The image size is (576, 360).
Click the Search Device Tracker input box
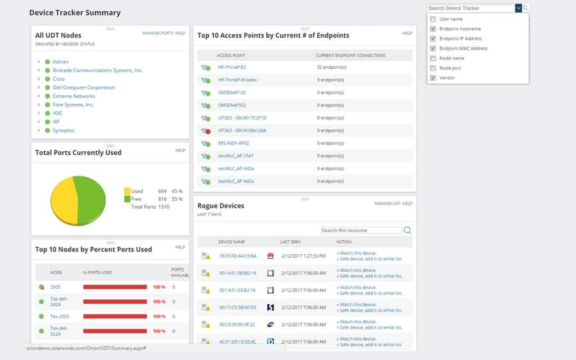coord(470,8)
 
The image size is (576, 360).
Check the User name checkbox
coord(433,19)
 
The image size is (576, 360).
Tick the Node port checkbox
coord(433,68)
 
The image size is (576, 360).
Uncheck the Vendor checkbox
coord(433,78)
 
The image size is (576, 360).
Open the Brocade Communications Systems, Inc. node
coord(97,70)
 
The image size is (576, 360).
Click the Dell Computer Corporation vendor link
coord(84,88)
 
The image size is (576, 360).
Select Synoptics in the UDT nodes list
coord(64,130)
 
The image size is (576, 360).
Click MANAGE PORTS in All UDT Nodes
coord(157,33)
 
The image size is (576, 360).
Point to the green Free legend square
coord(127,199)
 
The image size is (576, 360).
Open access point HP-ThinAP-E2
coord(232,67)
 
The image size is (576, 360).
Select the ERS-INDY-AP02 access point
coord(233,143)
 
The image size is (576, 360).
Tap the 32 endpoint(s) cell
coord(331,67)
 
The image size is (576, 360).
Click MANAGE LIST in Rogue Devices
coord(387,204)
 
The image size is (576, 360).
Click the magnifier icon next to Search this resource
coord(407,231)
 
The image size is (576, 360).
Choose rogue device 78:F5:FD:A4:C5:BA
coord(237,256)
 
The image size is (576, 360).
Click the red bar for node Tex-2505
coord(115,317)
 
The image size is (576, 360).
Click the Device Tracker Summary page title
coord(75,12)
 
